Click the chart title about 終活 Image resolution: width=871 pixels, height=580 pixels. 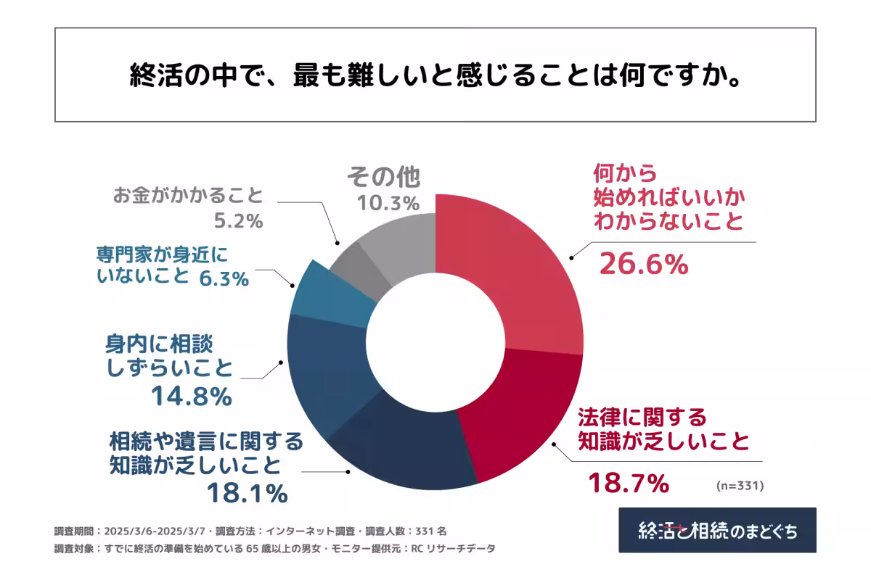tap(435, 75)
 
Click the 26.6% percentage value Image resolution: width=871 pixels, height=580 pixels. tap(643, 266)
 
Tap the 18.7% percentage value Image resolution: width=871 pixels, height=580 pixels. tap(628, 482)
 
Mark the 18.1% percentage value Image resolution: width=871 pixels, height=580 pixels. tap(247, 493)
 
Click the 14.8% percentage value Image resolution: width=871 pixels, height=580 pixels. tap(191, 396)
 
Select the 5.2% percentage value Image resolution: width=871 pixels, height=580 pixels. tap(238, 221)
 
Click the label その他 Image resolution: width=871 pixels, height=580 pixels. tap(383, 176)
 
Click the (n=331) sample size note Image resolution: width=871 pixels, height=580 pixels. tap(740, 484)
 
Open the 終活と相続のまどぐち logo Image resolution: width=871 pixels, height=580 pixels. tap(717, 530)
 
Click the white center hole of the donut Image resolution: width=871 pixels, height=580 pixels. tap(435, 341)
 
